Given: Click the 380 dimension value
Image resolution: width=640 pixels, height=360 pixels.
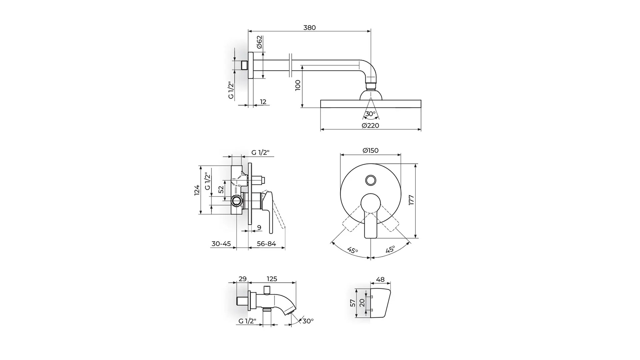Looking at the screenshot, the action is click(x=309, y=28).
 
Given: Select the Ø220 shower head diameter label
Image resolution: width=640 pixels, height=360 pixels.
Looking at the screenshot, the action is click(x=370, y=126).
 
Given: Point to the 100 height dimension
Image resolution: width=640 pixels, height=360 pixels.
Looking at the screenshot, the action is click(x=298, y=85).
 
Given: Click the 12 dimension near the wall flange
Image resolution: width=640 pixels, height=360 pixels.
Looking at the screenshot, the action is click(x=263, y=102).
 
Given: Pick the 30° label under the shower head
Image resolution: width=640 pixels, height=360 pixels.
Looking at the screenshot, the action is click(x=370, y=114).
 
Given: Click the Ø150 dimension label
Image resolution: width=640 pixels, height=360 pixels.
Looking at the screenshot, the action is click(x=370, y=150).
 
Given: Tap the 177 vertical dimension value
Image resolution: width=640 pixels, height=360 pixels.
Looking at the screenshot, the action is click(x=411, y=200).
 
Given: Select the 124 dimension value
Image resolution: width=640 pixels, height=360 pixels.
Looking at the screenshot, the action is click(x=197, y=190).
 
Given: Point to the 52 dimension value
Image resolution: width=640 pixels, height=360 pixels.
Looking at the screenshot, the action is click(x=221, y=190).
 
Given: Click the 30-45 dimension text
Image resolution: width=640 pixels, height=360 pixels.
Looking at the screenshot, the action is click(x=221, y=244).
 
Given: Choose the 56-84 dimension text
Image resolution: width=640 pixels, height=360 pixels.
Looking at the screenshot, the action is click(x=266, y=244).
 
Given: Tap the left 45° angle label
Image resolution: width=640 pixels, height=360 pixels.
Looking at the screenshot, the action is click(x=353, y=250).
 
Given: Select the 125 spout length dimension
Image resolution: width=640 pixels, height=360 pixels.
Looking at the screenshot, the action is click(x=272, y=279).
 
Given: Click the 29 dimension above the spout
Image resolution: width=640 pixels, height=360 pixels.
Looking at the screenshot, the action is click(x=243, y=279).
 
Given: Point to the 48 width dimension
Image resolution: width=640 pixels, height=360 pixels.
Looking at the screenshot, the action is click(x=380, y=280).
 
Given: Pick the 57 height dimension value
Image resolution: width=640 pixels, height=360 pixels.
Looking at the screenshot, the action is click(x=353, y=303).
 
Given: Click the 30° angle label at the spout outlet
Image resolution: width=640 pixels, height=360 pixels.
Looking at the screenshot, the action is click(x=308, y=321).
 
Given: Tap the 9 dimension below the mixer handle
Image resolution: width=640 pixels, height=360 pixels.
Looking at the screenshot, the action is click(x=259, y=228).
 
